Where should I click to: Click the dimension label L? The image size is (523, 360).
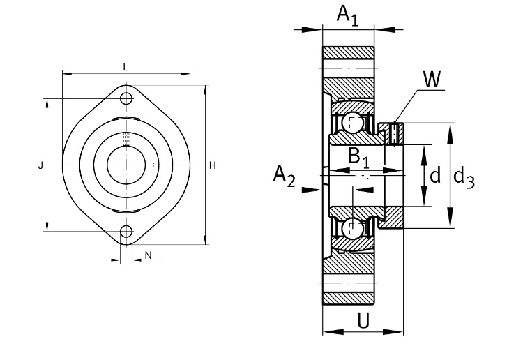click(126, 67)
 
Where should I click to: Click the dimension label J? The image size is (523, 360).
click(40, 165)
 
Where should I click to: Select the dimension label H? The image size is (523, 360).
click(212, 165)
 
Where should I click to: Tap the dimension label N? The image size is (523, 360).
click(148, 255)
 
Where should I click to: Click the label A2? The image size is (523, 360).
click(284, 177)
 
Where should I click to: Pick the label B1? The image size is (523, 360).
click(358, 158)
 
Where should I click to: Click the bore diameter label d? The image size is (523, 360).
click(435, 175)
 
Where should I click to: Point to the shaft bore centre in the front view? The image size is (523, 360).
click(126, 165)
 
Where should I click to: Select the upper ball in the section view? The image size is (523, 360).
click(354, 123)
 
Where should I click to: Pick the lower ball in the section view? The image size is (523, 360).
click(354, 227)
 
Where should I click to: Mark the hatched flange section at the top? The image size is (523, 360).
click(348, 52)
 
